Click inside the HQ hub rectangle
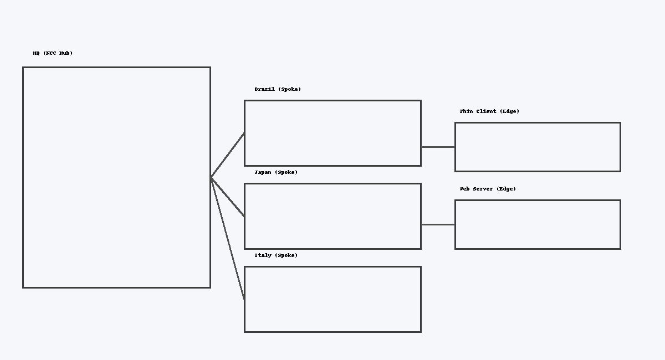coord(116,177)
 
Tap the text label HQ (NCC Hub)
coord(53,53)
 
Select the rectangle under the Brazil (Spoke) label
coord(332,133)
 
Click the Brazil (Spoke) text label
coord(278,89)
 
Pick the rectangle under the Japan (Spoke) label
coord(332,216)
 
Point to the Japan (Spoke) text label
coord(276,172)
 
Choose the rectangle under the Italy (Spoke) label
coord(332,299)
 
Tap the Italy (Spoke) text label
coord(276,255)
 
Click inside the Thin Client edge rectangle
coord(538,147)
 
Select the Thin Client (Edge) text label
coord(489,111)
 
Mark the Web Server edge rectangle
coord(538,224)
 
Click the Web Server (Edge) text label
coord(488,189)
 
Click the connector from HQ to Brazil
coord(228,155)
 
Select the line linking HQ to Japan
coord(228,197)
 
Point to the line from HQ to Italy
coord(228,238)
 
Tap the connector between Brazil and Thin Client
coord(438,147)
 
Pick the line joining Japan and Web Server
coord(438,224)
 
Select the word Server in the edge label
coord(483,189)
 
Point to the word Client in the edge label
coord(486,111)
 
